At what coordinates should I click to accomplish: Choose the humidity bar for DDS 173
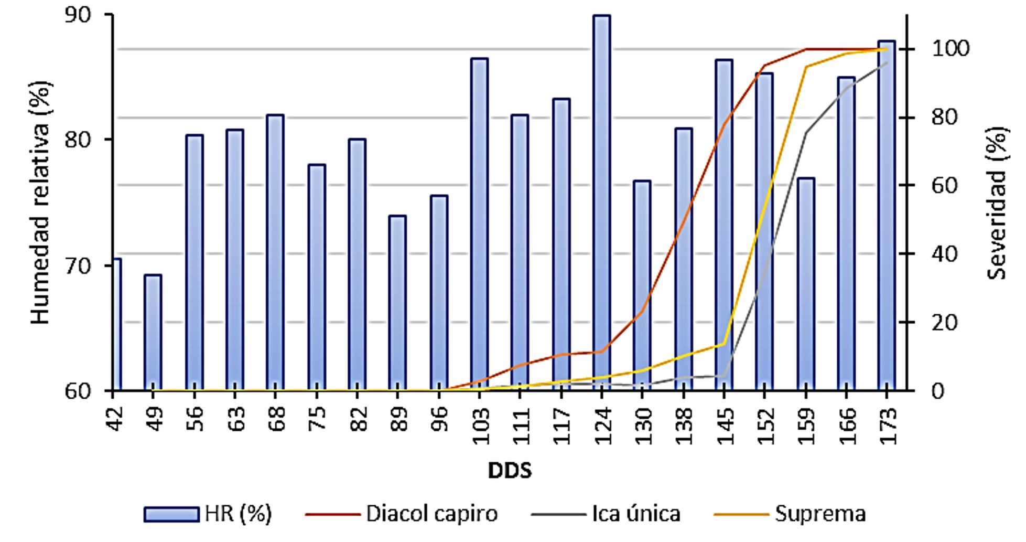pyautogui.click(x=887, y=215)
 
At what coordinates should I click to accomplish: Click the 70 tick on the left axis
pyautogui.click(x=78, y=265)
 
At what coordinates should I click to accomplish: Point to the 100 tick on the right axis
pyautogui.click(x=950, y=49)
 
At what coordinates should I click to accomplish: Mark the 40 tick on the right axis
pyautogui.click(x=944, y=254)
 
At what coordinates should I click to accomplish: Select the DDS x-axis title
pyautogui.click(x=510, y=471)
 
